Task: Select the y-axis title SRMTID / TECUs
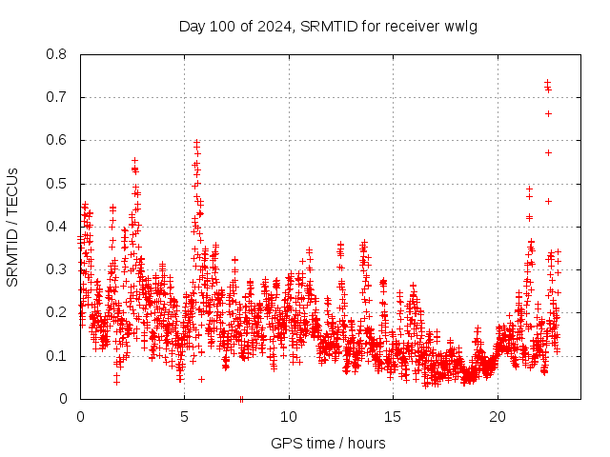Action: [12, 227]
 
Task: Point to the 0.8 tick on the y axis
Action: [57, 54]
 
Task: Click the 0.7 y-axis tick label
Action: [57, 97]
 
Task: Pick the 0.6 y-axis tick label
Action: [57, 140]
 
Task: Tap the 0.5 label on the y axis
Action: [57, 184]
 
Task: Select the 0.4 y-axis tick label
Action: [57, 227]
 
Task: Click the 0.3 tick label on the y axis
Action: [57, 269]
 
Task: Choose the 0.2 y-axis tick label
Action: [57, 312]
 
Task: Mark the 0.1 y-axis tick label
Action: [57, 356]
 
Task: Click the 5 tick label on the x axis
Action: [184, 416]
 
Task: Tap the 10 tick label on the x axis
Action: [289, 416]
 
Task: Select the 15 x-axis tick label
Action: [393, 416]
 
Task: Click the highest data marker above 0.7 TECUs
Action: [547, 83]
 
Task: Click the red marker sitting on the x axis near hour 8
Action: [241, 399]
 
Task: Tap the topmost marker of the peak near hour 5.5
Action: [196, 142]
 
